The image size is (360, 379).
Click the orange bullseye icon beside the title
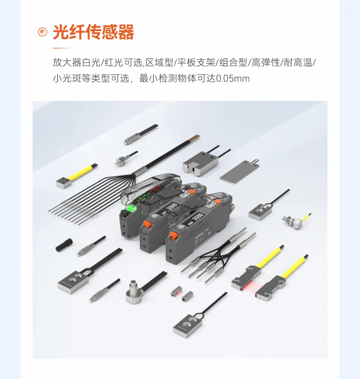(42, 32)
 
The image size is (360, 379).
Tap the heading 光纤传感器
(93, 32)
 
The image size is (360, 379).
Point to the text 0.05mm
(233, 79)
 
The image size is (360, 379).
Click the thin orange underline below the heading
(62, 48)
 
